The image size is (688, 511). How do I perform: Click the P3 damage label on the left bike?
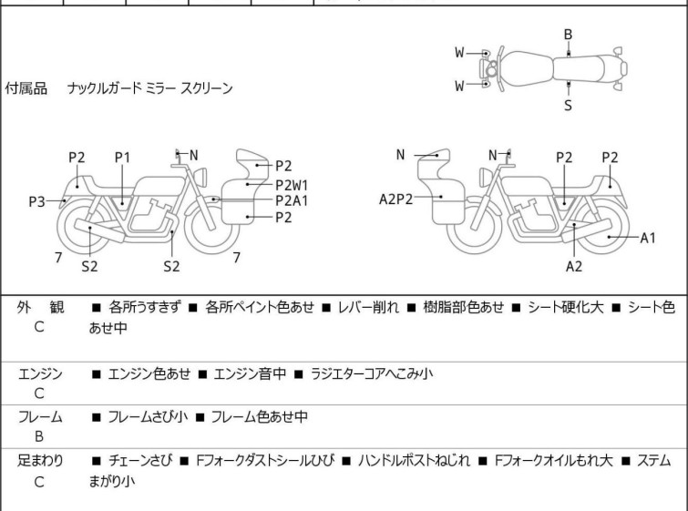(x=36, y=201)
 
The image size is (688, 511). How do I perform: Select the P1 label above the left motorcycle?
(x=123, y=158)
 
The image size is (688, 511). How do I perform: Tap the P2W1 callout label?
(x=292, y=184)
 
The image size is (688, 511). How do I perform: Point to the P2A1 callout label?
(x=292, y=200)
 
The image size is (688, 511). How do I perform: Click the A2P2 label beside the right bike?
(x=396, y=197)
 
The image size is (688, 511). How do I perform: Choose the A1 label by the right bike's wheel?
(x=648, y=238)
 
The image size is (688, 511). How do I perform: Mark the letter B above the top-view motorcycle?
(x=568, y=35)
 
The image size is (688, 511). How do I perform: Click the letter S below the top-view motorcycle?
(x=568, y=106)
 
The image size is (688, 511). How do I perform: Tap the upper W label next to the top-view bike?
(x=460, y=53)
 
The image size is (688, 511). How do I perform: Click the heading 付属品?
(x=26, y=89)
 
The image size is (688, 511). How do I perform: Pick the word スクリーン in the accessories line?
(x=207, y=89)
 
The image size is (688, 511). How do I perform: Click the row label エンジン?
(x=40, y=374)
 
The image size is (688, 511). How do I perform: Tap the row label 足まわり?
(x=40, y=461)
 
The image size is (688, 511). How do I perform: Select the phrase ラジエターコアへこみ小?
(x=372, y=374)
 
